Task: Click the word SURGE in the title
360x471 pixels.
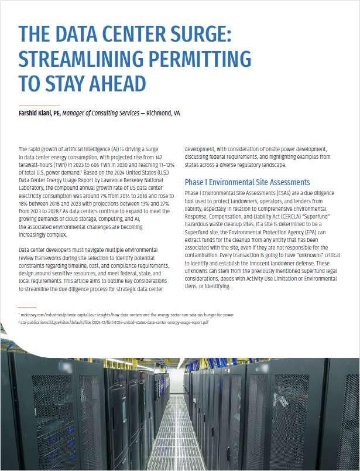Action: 194,34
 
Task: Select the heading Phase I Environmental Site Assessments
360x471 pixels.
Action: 247,182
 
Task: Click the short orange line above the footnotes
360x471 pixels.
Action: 27,307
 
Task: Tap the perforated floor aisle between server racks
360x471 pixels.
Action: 179,434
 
